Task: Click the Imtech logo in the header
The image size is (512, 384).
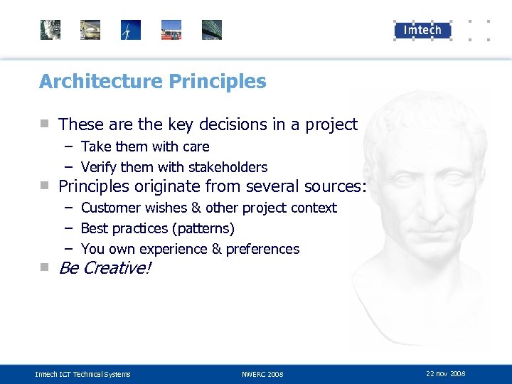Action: [422, 30]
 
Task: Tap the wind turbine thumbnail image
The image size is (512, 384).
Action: [131, 30]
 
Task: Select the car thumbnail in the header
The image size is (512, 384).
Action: [90, 30]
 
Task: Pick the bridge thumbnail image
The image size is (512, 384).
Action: [212, 30]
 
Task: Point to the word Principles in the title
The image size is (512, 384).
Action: [218, 82]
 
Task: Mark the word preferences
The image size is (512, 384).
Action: [265, 250]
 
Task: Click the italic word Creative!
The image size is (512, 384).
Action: [117, 269]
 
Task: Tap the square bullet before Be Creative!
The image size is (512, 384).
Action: [45, 267]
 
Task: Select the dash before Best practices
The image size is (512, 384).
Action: [68, 228]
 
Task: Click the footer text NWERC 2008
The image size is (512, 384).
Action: [262, 374]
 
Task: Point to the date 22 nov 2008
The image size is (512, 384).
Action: [445, 373]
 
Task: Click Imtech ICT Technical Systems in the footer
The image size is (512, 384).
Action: [82, 374]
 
